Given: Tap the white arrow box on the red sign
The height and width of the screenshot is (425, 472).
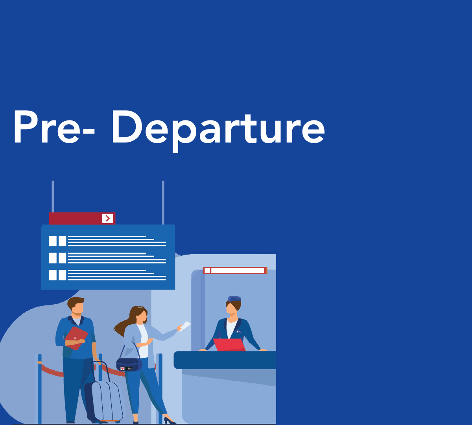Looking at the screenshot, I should click(107, 218).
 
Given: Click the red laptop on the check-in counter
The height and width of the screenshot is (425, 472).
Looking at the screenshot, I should click(230, 345).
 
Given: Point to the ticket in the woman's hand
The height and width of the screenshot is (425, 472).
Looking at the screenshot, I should click(184, 326).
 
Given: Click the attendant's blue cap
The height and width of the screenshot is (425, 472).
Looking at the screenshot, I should click(234, 299).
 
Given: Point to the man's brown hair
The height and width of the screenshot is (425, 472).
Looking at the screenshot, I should click(75, 302).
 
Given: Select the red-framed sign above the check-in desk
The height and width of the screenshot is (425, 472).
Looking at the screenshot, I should click(235, 270).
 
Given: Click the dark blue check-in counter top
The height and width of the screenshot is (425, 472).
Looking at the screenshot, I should click(225, 360).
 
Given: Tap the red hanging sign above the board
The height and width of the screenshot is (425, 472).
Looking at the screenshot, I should click(81, 218).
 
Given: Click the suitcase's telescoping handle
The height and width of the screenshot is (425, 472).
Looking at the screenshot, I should click(100, 370).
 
